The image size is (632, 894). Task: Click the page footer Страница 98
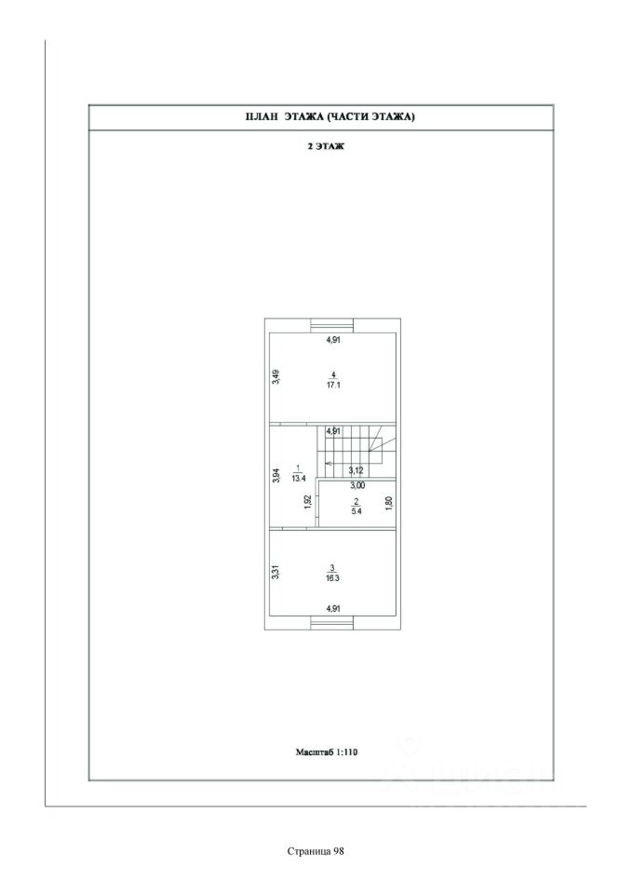316,849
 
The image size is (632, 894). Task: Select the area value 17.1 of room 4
332,384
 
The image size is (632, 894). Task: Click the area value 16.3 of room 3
332,577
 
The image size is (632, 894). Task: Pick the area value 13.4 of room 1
298,478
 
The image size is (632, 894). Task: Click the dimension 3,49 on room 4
276,376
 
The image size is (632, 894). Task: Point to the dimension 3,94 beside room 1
276,475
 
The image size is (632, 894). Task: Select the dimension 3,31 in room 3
276,573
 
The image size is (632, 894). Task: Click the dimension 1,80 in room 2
388,503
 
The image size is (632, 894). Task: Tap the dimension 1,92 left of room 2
308,503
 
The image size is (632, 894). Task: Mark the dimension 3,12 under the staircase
355,470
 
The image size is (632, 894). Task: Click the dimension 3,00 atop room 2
357,485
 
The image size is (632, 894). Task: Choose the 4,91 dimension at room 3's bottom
332,609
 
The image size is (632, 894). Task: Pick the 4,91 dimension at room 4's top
332,341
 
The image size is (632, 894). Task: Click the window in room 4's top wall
332,325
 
